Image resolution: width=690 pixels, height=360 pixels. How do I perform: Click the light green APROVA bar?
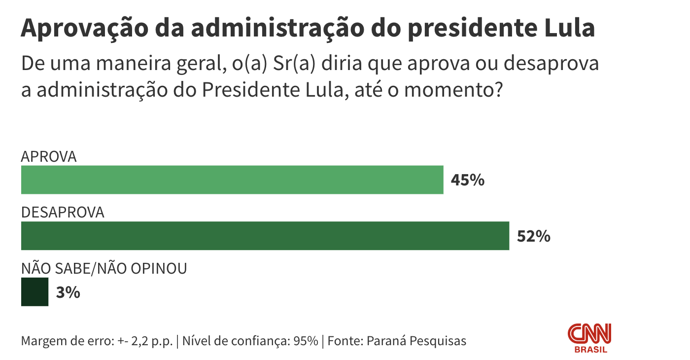pos(232,180)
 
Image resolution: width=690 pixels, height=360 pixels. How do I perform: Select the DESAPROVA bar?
pos(265,236)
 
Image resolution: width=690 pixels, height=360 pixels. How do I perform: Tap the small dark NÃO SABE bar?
pos(34,292)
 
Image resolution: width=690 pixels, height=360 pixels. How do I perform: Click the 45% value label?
pos(468,180)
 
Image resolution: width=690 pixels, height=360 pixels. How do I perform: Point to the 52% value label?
pos(533,237)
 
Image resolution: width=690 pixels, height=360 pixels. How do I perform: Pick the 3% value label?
pos(68,293)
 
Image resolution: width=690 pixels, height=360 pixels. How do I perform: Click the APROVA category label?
pos(49,157)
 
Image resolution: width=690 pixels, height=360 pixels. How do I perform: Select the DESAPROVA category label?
pos(63,213)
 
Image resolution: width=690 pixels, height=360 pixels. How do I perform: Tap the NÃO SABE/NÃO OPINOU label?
pos(103,269)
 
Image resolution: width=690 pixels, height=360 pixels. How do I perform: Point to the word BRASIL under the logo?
pos(591,350)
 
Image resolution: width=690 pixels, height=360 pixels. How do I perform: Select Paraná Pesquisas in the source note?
pos(416,341)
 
